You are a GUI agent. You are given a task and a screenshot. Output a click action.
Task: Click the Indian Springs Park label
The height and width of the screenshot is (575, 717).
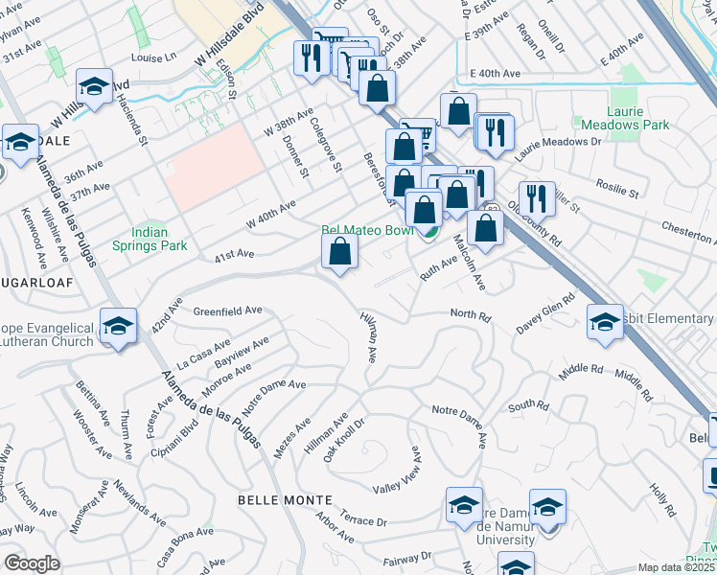point(150,239)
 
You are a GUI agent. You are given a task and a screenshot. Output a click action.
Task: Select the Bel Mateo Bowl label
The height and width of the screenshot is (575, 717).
point(366,231)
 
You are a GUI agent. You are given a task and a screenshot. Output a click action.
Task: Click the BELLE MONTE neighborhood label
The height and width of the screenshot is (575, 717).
point(286,500)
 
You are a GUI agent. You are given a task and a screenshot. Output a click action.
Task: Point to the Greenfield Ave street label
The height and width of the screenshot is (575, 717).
point(228,310)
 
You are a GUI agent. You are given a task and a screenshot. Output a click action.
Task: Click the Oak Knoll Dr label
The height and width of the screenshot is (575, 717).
point(345,439)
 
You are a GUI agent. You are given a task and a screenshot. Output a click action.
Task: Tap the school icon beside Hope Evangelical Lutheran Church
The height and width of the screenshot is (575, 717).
point(119,328)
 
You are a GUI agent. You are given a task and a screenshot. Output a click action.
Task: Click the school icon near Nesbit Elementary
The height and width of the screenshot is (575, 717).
point(605,322)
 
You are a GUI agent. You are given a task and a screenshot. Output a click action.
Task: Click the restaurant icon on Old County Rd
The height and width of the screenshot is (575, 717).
point(537,199)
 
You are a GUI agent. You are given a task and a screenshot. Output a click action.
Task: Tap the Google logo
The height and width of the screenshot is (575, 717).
point(32,563)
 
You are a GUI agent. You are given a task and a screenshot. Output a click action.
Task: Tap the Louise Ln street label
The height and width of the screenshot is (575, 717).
point(154,57)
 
